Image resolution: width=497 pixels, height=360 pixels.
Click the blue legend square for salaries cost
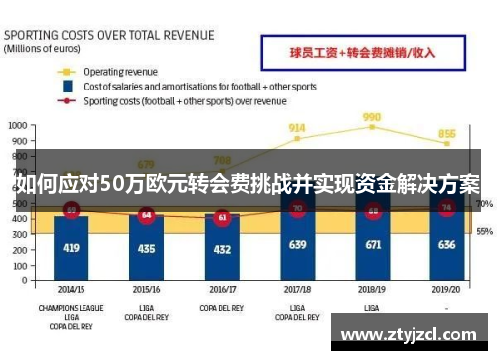[67, 87]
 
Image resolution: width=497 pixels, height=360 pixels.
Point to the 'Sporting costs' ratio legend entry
[184, 100]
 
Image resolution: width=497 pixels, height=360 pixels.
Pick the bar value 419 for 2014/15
[71, 246]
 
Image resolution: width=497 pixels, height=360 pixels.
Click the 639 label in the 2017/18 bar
[297, 244]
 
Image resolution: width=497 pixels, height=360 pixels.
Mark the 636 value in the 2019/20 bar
[447, 244]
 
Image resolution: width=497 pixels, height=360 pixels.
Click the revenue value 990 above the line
[372, 116]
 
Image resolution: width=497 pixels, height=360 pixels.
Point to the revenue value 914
[297, 127]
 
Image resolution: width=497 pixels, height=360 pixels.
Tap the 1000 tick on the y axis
[17, 126]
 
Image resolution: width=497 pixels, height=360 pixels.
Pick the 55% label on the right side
[484, 231]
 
